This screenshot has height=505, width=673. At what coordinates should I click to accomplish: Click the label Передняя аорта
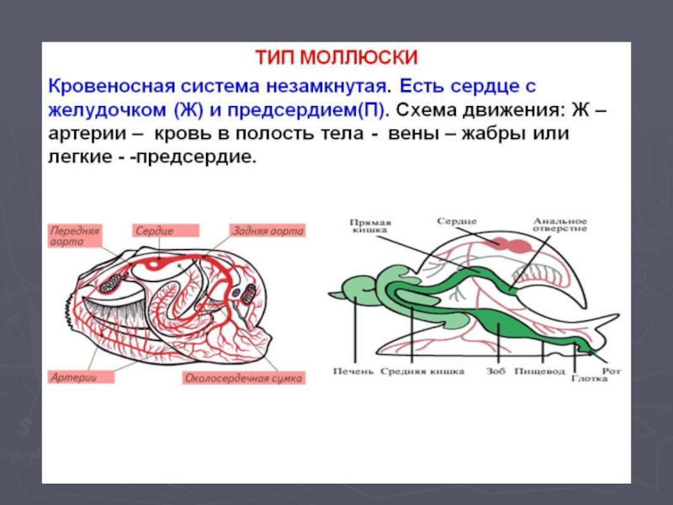coord(75,234)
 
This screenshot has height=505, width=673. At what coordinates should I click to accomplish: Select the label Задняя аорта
coord(268,229)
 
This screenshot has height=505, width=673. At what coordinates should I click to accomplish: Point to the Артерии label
coord(73,377)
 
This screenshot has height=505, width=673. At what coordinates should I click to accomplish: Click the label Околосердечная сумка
coord(244,378)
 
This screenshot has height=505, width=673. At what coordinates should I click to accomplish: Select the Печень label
coord(352,370)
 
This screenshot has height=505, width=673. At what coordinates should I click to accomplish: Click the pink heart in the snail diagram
coord(513,244)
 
